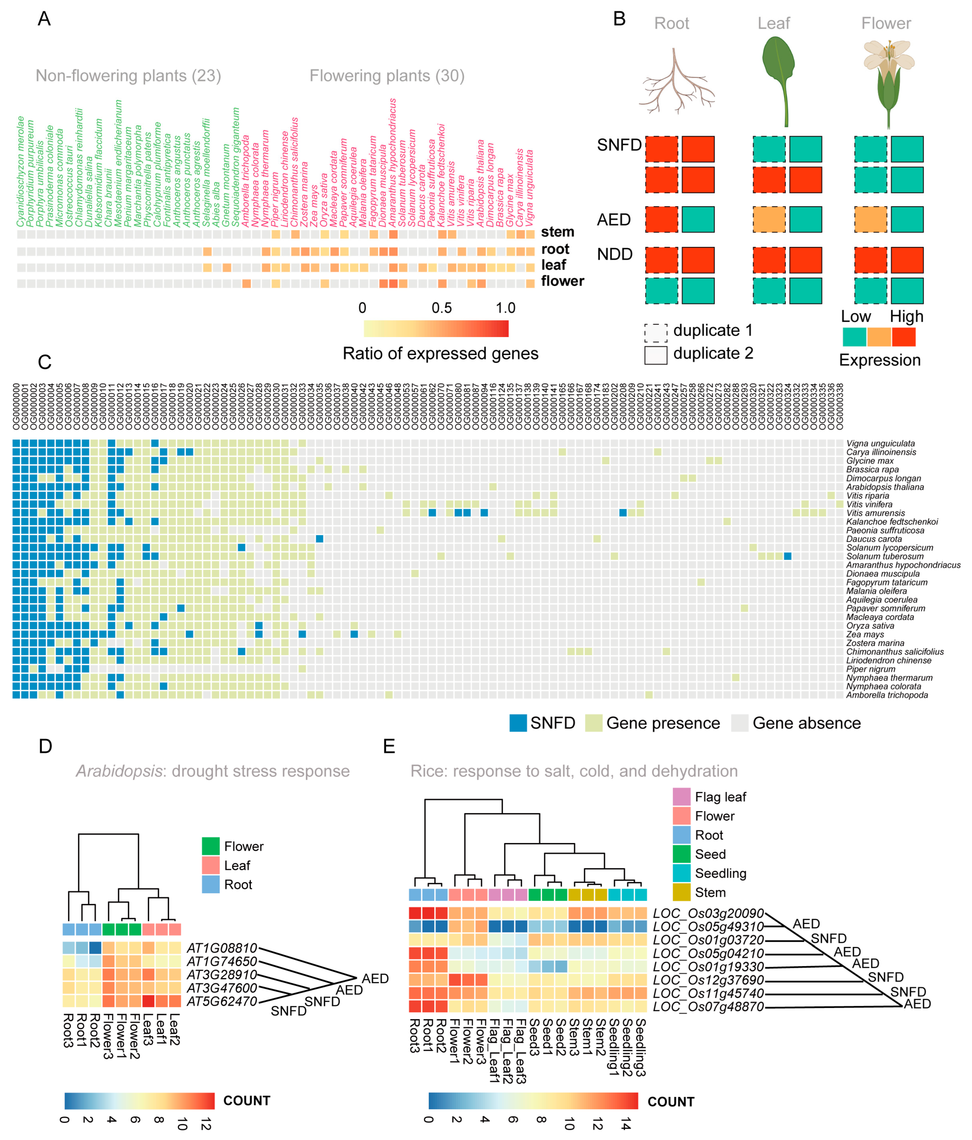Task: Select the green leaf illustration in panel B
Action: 779,77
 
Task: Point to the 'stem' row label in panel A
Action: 557,232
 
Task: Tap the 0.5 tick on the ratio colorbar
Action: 441,308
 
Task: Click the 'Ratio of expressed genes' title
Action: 440,353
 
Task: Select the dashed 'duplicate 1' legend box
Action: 655,332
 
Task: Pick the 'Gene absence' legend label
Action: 806,723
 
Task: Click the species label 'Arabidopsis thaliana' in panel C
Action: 885,487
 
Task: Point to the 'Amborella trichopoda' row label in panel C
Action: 887,695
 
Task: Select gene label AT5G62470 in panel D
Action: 222,1001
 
